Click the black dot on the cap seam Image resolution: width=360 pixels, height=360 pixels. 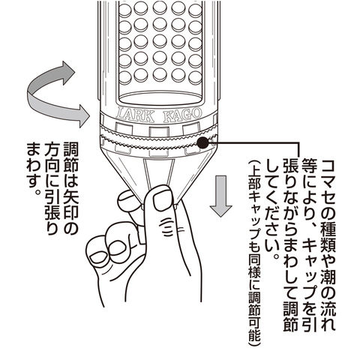(202, 143)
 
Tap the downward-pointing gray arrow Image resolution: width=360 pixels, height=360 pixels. (220, 196)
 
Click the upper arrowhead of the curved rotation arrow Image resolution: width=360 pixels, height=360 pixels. (67, 73)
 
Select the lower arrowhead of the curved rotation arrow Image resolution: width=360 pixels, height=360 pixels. (82, 116)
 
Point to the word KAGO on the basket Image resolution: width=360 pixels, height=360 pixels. (182, 115)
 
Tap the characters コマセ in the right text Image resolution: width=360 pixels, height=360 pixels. (327, 181)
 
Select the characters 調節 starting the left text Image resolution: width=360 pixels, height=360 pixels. (70, 157)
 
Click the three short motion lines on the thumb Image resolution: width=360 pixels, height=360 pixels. (168, 226)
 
